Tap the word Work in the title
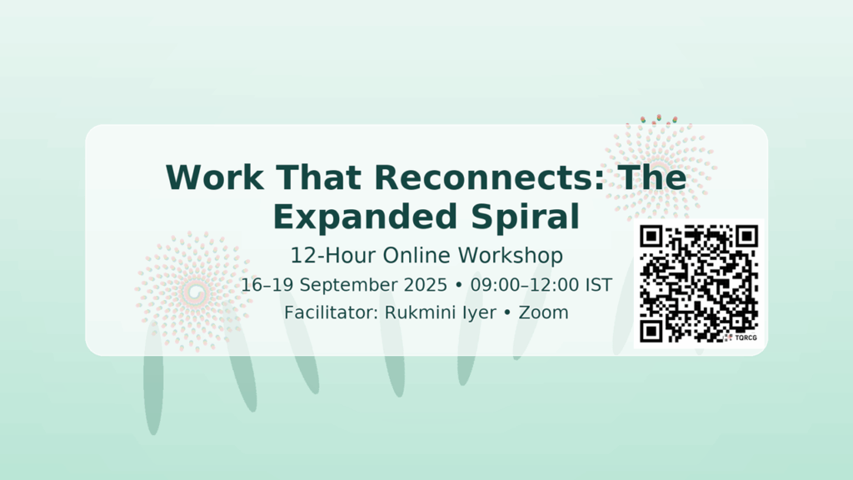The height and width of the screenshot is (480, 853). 215,177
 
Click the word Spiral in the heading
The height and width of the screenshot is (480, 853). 525,217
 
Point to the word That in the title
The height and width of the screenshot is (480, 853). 319,177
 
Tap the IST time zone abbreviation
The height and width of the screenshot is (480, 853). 599,285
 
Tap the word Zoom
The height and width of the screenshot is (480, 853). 543,313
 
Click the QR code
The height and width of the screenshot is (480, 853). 699,283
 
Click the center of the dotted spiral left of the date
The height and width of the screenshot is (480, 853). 194,292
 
